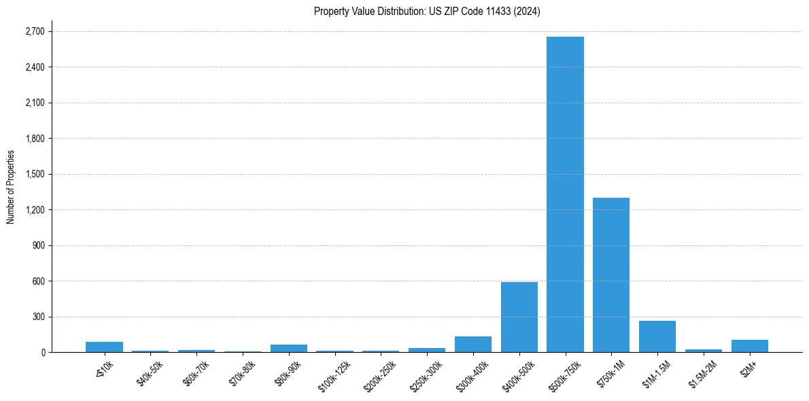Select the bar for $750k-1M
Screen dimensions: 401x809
tap(611, 275)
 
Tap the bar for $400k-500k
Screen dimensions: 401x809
tap(519, 317)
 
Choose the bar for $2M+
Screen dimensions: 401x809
tap(749, 346)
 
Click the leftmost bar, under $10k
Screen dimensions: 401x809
tap(104, 347)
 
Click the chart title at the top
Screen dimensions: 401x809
tap(427, 12)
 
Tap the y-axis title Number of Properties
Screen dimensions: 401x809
tap(11, 186)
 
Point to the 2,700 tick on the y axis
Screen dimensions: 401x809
tap(34, 31)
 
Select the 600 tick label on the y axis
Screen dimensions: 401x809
tap(38, 281)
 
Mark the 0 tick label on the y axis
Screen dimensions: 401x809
tap(42, 353)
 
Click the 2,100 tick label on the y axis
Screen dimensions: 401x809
tap(34, 103)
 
